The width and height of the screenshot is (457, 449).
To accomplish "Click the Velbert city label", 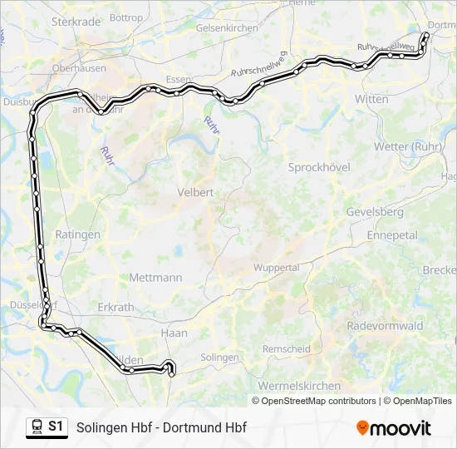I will coord(195,192).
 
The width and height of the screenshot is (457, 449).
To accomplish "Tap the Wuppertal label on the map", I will coord(277,268).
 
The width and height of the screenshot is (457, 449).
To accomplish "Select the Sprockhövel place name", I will coord(319,167).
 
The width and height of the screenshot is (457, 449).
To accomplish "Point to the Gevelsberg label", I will coord(375,212).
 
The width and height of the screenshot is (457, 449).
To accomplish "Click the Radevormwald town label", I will coord(385,325).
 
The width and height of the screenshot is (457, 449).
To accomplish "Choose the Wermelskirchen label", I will coord(299,386).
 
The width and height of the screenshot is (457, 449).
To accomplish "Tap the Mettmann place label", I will coord(155,278).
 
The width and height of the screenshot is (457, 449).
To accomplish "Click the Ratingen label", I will coord(77,235).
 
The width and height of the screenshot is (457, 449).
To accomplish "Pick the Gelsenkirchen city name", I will coord(227,27).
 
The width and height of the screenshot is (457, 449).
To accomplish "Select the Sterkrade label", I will coord(76,22).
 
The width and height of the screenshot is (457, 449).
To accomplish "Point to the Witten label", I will coord(371,99).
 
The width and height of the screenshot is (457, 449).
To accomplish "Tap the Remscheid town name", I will coord(286,349).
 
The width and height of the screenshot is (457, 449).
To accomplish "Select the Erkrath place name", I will coord(115,307).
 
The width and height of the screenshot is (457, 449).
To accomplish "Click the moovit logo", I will coord(394,428).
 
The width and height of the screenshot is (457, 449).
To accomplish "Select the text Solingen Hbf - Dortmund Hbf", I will coord(161,428).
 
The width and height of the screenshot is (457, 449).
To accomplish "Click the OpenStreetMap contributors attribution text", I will coord(318,401).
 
